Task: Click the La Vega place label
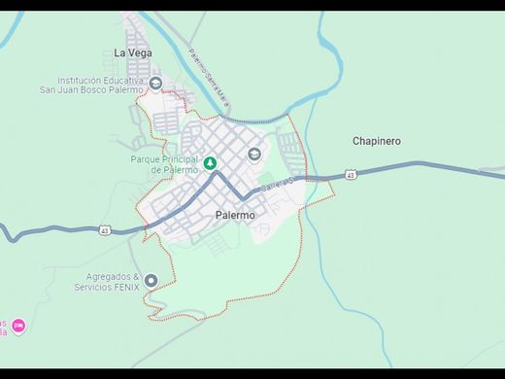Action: pyautogui.click(x=132, y=52)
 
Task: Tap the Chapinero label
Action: pyautogui.click(x=376, y=141)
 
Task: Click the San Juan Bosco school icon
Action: pyautogui.click(x=155, y=84)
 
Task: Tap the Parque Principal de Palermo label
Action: pyautogui.click(x=163, y=164)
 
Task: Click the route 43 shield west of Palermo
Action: pyautogui.click(x=105, y=230)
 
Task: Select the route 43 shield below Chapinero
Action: pyautogui.click(x=350, y=175)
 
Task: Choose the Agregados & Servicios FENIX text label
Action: pyautogui.click(x=107, y=282)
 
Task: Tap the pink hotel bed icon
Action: pyautogui.click(x=17, y=326)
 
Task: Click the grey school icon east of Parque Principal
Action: pyautogui.click(x=254, y=154)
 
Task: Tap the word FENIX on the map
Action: pyautogui.click(x=126, y=288)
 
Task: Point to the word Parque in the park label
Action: pyautogui.click(x=147, y=158)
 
